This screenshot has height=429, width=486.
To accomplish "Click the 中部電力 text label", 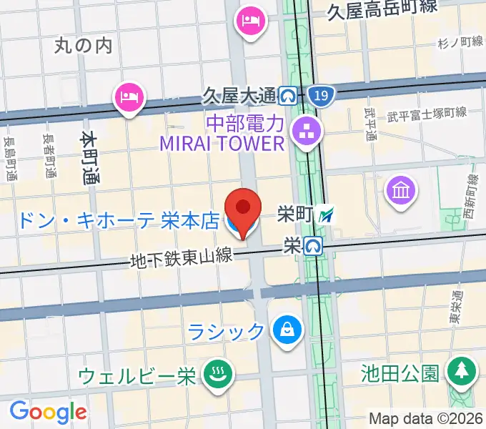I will pyautogui.click(x=245, y=123).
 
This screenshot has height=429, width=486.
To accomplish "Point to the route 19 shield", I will pyautogui.click(x=322, y=95).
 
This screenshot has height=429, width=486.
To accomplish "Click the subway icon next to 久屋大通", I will pyautogui.click(x=289, y=94).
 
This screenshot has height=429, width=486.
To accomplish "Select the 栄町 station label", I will pyautogui.click(x=295, y=214).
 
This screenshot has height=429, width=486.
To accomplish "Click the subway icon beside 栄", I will pyautogui.click(x=312, y=246).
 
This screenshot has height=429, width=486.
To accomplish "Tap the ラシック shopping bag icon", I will pyautogui.click(x=287, y=330).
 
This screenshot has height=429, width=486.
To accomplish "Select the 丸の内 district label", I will pyautogui.click(x=84, y=46).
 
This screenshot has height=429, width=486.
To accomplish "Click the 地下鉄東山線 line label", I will pyautogui.click(x=182, y=258).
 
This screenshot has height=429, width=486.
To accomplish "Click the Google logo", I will pyautogui.click(x=48, y=411).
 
